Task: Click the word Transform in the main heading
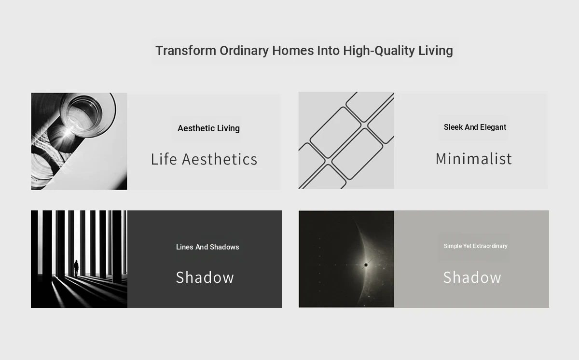point(186,50)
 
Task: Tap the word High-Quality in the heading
point(379,51)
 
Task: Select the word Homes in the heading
point(293,50)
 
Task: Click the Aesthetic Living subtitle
point(208,128)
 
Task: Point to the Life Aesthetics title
point(204,159)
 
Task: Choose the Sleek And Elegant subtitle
point(475,127)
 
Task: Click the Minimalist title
point(473,159)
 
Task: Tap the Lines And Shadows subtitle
point(207,247)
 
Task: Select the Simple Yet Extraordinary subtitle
point(476,246)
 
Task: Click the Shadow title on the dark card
point(205,277)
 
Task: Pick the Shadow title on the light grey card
point(472,277)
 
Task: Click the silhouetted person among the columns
point(76,268)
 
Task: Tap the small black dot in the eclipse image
point(366,265)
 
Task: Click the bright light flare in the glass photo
point(68,132)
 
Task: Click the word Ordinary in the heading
point(244,51)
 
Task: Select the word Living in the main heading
point(436,51)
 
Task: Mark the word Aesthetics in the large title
point(220,159)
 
